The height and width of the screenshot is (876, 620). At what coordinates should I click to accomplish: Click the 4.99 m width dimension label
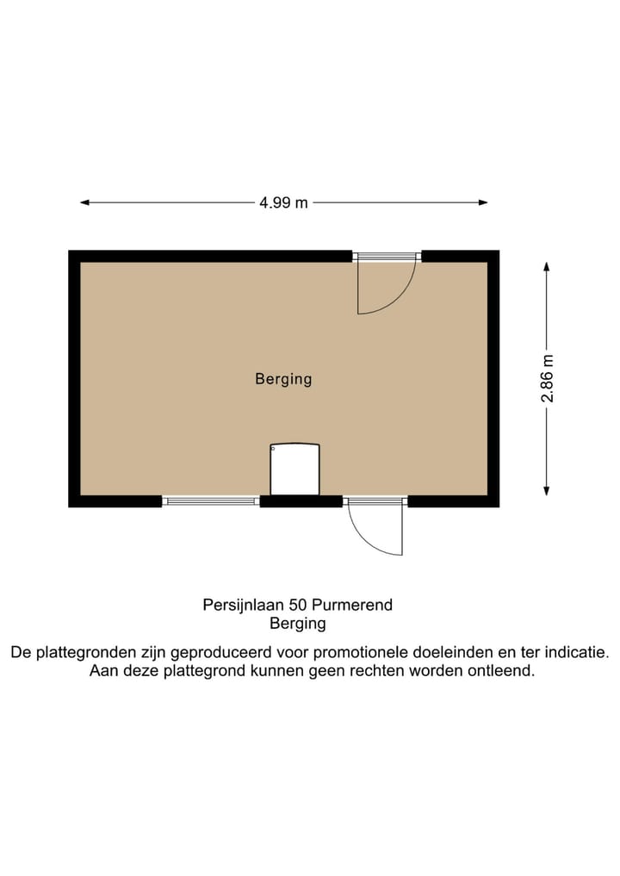(x=283, y=203)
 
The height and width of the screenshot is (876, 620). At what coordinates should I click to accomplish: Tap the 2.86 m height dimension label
(x=547, y=379)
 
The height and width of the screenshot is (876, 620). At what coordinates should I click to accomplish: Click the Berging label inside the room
(x=283, y=378)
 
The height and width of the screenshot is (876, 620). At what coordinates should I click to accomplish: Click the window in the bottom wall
(x=211, y=500)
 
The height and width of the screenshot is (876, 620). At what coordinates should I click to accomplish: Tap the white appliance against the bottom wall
(x=294, y=469)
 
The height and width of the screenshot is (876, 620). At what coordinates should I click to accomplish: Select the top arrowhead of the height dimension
(x=547, y=267)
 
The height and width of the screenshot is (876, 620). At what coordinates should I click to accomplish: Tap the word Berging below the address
(x=298, y=624)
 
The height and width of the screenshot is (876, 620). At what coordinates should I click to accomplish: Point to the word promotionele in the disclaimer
(x=388, y=653)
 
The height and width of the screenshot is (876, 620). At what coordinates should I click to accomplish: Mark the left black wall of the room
(x=74, y=379)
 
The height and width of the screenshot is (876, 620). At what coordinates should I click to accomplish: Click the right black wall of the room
(x=493, y=379)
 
